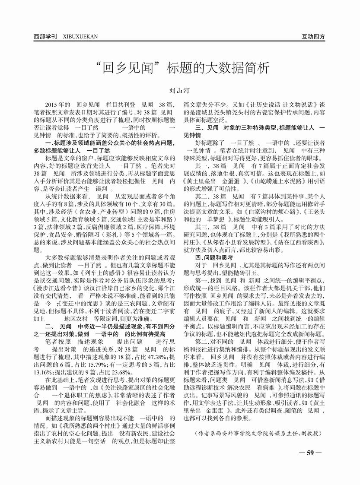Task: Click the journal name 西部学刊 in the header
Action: click(45, 37)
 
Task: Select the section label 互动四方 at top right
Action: click(313, 37)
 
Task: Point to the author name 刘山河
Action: click(180, 91)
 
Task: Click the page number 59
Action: click(309, 453)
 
